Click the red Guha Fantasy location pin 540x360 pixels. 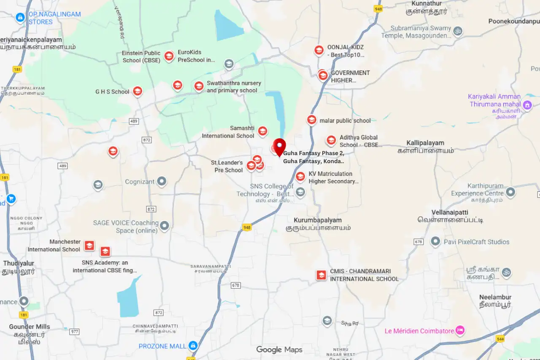click(x=279, y=147)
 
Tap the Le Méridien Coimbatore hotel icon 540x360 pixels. click(x=460, y=330)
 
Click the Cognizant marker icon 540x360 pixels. click(x=162, y=182)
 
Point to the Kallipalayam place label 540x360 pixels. click(x=425, y=143)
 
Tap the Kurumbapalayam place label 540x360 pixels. click(x=318, y=220)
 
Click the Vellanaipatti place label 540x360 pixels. click(x=450, y=212)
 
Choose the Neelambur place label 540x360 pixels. click(x=495, y=297)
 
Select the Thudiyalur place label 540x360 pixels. click(x=19, y=263)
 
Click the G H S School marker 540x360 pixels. click(x=137, y=91)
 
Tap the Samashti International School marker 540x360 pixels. click(x=262, y=131)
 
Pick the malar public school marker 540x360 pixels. click(x=311, y=120)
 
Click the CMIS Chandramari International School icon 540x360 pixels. click(x=321, y=275)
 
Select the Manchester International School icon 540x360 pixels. click(x=89, y=246)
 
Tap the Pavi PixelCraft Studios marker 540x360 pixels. click(x=435, y=242)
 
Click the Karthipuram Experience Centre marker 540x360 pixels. click(x=510, y=193)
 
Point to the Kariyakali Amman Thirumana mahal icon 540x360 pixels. click(x=527, y=105)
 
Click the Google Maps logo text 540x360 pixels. click(x=279, y=350)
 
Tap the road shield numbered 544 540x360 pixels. click(x=500, y=339)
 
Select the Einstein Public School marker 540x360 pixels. click(x=169, y=56)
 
